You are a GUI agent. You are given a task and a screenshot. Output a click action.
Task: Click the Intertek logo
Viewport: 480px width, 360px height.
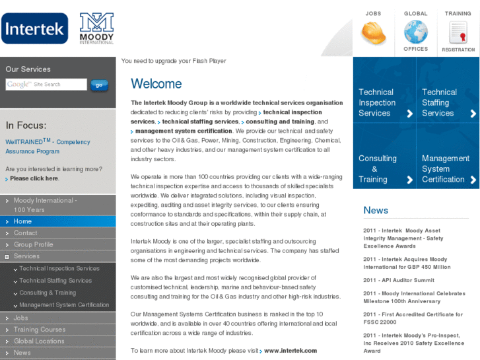(34, 28)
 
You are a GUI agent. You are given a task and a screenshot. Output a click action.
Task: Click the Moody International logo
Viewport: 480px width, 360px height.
(96, 28)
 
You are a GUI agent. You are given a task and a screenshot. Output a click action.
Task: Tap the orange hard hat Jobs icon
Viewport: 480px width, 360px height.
(373, 32)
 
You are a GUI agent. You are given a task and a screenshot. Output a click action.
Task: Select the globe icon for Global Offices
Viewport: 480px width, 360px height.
(415, 32)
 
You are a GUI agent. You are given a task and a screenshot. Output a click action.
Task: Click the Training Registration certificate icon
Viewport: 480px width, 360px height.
(458, 32)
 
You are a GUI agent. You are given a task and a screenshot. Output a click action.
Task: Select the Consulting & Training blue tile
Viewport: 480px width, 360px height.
(384, 168)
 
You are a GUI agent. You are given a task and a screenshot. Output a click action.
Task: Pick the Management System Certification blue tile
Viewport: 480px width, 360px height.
(448, 168)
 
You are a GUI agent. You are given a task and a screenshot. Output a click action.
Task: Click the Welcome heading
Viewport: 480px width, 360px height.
(156, 84)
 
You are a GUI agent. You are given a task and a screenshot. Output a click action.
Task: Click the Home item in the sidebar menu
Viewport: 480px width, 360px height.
(23, 221)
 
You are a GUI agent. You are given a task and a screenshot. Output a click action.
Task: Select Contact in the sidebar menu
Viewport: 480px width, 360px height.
(26, 233)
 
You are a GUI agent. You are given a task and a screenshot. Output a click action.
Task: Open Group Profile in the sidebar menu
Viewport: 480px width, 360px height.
(34, 244)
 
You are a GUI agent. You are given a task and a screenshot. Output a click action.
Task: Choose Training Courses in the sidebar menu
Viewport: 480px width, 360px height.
(40, 330)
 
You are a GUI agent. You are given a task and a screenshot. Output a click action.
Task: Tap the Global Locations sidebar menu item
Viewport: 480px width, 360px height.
(39, 341)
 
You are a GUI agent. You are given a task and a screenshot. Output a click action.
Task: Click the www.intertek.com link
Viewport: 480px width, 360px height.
(291, 351)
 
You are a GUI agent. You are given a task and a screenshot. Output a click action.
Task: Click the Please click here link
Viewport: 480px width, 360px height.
(34, 178)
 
